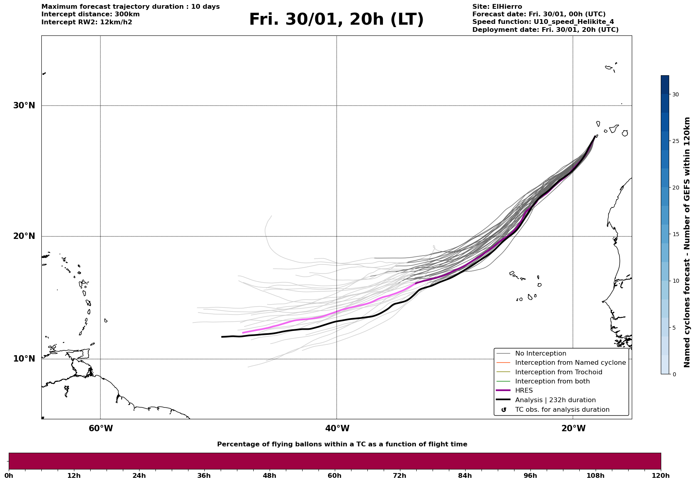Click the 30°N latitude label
(x=24, y=106)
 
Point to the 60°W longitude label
(x=101, y=428)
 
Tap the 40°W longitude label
(x=337, y=428)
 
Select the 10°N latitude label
(x=24, y=359)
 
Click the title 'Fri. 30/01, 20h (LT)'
(x=336, y=20)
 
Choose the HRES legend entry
(x=524, y=391)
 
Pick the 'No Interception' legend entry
(x=540, y=354)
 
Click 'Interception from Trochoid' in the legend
(x=558, y=372)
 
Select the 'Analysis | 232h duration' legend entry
(x=555, y=400)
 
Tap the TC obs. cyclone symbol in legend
(x=504, y=410)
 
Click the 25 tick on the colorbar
(x=676, y=141)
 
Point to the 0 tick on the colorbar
(x=674, y=374)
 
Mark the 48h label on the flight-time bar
(x=269, y=475)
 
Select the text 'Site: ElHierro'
(x=497, y=7)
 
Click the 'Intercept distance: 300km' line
(x=90, y=14)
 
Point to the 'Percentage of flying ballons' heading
(x=342, y=444)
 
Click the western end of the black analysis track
(x=222, y=337)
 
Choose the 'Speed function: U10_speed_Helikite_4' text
(x=543, y=22)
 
